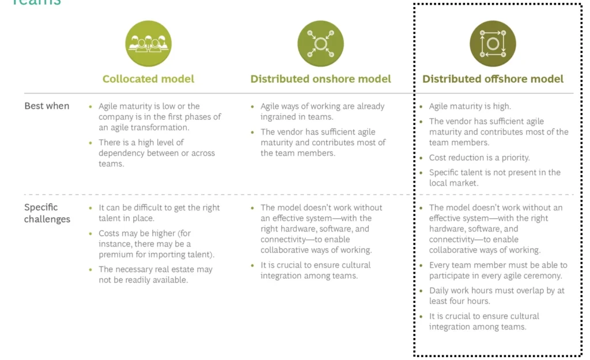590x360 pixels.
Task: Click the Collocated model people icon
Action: (148, 44)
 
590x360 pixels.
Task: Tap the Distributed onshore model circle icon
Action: (320, 44)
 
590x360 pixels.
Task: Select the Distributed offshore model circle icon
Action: (493, 44)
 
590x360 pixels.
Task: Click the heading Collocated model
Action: (148, 79)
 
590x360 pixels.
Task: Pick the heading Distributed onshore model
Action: (320, 79)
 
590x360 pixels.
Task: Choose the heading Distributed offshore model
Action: (493, 79)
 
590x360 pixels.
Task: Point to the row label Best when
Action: (47, 106)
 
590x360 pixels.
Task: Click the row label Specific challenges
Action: (47, 213)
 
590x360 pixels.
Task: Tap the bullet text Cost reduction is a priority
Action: (479, 158)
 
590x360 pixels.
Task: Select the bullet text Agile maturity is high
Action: (470, 107)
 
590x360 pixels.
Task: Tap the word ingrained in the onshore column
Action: (278, 117)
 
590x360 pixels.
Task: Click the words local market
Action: (454, 183)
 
